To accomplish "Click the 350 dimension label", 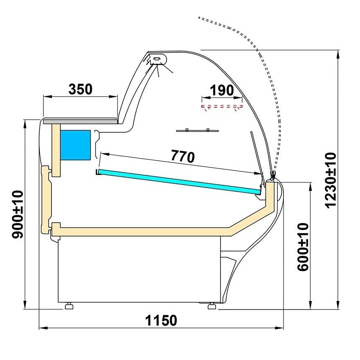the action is (80, 89).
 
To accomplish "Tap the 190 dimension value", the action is (222, 90).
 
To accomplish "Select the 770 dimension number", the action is (183, 157).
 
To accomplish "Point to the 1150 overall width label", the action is (161, 321).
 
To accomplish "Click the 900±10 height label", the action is (18, 214).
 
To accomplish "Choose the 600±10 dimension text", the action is (303, 247).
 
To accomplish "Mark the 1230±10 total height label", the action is (331, 180).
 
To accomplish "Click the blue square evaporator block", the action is (75, 145).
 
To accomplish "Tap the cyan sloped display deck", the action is (179, 181).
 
